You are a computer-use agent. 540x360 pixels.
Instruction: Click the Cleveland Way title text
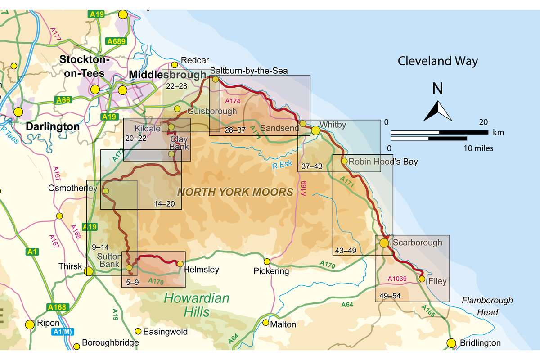point(437,61)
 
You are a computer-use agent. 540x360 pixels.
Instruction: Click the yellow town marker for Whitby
point(315,130)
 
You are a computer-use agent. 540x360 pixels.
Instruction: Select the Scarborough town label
point(417,243)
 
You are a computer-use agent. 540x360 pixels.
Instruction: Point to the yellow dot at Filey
point(422,279)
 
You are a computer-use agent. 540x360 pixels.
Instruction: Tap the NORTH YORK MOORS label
point(235,193)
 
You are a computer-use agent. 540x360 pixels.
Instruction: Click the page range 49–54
point(388,297)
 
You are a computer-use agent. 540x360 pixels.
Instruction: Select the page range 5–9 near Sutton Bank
point(132,283)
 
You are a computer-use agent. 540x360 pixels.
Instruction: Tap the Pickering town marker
point(267,261)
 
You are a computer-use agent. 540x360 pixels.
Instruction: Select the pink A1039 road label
point(397,279)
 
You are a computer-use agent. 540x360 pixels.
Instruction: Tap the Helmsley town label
point(201,270)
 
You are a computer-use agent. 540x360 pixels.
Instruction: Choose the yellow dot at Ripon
point(30,324)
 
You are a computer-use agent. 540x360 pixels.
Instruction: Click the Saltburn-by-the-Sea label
point(248,70)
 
